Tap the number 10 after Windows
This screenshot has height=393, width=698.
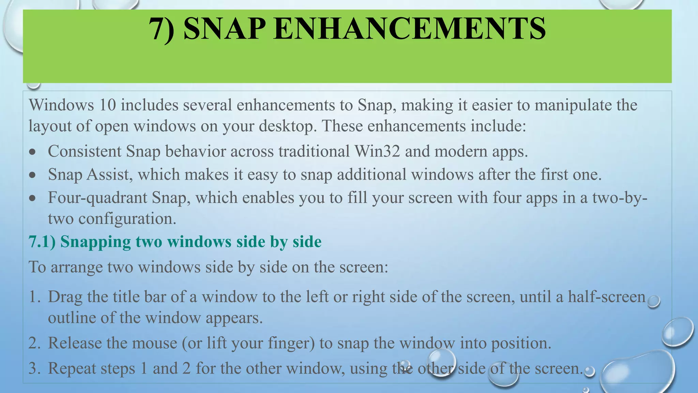107,105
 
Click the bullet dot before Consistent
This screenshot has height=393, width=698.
32,152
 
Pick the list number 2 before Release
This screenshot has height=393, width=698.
34,343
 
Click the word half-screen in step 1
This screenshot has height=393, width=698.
607,297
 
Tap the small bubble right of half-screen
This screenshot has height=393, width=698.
653,302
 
